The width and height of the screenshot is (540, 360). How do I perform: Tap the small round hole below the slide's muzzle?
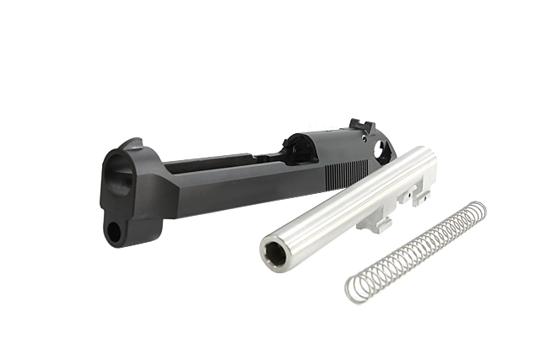coord(115,228)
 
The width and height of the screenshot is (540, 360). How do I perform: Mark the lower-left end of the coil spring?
coord(353,291)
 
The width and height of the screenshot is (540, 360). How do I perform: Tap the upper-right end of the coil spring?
coord(478,208)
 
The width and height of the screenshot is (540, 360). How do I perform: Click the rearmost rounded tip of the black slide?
coord(393,148)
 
